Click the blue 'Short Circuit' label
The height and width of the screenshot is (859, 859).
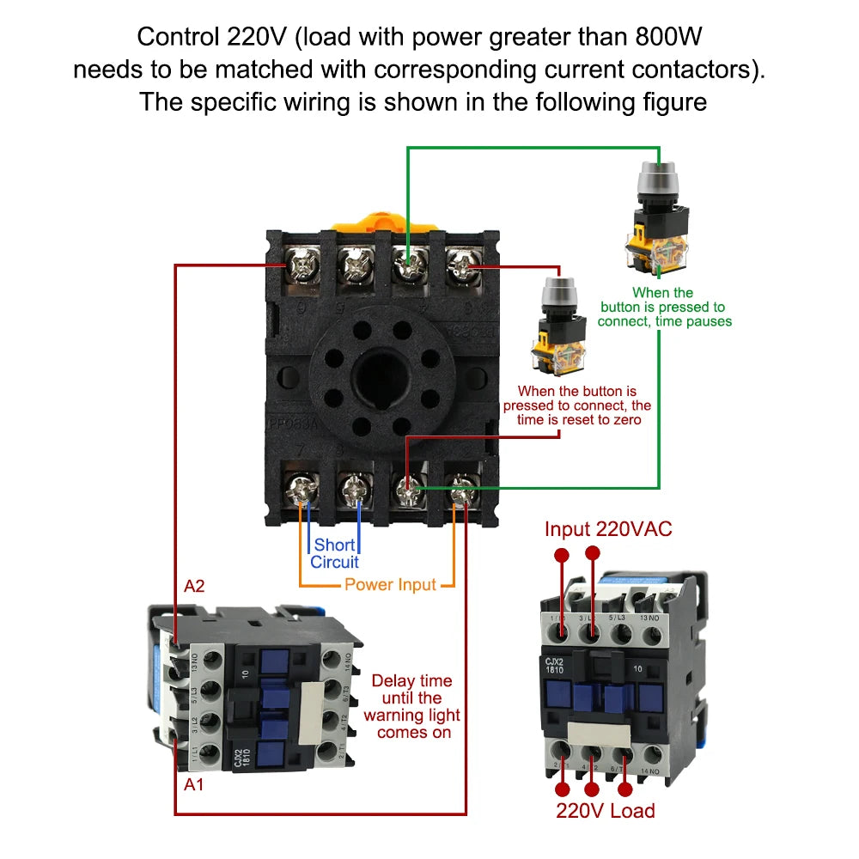(334, 553)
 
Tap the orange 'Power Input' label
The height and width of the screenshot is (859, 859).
(390, 585)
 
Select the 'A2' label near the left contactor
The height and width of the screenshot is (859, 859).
(195, 587)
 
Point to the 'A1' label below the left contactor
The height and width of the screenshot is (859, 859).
(195, 784)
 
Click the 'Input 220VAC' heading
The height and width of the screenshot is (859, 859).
(608, 529)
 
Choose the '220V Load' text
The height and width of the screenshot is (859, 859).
(605, 811)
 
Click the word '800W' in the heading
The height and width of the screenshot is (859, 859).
(671, 37)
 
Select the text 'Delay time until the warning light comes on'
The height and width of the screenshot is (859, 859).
(411, 706)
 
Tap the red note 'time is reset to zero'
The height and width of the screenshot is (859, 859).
(576, 419)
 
